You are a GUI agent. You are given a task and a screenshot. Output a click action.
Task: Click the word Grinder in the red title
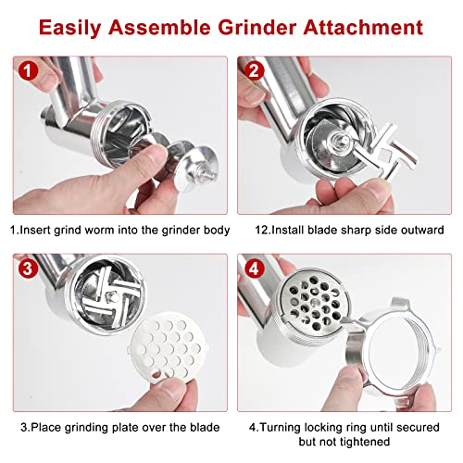click(x=257, y=27)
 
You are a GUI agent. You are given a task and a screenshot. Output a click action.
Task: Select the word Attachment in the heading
click(x=363, y=27)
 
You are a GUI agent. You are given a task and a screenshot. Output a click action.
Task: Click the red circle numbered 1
click(x=28, y=70)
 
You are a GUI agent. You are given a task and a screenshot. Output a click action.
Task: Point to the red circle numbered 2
click(x=255, y=70)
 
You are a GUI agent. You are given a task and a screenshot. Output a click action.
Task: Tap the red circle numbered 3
click(x=28, y=269)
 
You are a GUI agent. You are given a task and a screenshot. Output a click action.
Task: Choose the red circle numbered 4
click(x=255, y=269)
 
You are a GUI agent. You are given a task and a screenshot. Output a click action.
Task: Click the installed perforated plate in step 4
click(x=314, y=300)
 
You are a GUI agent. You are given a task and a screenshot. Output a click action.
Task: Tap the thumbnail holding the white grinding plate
click(x=169, y=386)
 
